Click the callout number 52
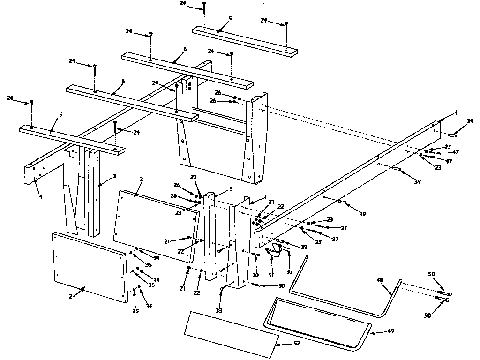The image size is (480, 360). tap(296, 344)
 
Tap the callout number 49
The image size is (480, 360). tap(390, 331)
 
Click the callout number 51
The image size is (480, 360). tap(271, 275)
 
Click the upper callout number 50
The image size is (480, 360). tap(431, 274)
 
